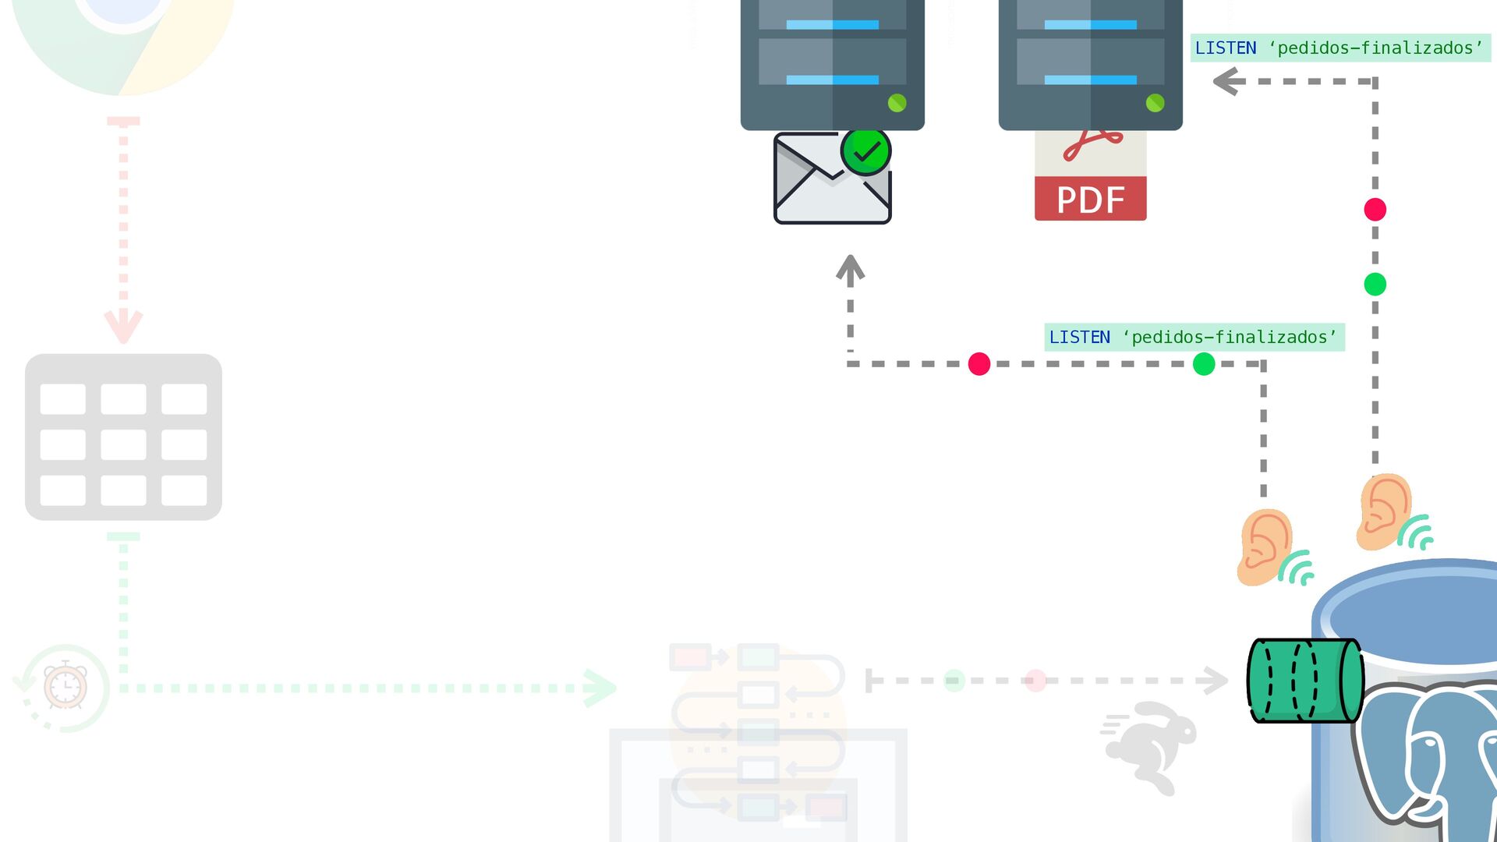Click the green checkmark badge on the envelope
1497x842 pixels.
pos(865,151)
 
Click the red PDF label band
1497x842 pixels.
pos(1090,200)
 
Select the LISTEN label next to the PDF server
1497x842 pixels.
pos(1339,48)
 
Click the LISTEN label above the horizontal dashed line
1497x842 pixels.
pos(1193,338)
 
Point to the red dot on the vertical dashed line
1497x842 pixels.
pos(1375,210)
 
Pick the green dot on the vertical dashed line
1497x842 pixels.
pos(1375,285)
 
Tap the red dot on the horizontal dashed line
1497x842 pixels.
pos(979,364)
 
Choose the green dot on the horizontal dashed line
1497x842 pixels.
pos(1203,364)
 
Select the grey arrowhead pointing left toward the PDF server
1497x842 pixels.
pos(1227,81)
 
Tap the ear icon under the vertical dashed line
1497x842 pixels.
pos(1385,511)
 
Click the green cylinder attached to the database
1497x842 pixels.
pos(1304,681)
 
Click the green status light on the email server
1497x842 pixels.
pos(897,103)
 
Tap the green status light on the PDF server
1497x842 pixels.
pos(1155,103)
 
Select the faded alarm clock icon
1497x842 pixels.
pos(65,686)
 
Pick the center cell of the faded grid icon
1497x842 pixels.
pos(123,444)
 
